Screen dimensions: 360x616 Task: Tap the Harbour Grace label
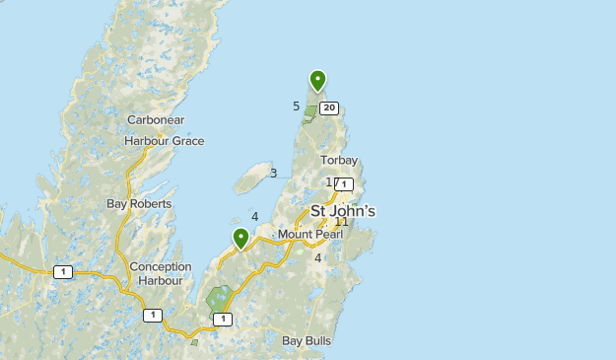click(x=164, y=141)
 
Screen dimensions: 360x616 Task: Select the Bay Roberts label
click(x=139, y=204)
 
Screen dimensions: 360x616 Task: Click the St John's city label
click(x=343, y=211)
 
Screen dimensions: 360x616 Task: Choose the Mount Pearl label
click(x=308, y=234)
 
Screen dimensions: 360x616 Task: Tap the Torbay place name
click(x=338, y=161)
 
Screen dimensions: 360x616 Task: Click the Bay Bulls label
click(x=307, y=341)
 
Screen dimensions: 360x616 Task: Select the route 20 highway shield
click(x=329, y=108)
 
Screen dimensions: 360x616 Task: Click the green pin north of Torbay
click(x=317, y=80)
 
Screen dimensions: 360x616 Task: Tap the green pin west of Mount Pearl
click(x=240, y=238)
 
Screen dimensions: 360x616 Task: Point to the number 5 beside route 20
click(x=296, y=107)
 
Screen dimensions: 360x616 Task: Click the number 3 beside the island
click(x=273, y=174)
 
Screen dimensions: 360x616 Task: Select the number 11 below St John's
click(x=341, y=222)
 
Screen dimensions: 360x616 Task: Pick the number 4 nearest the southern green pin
click(x=254, y=217)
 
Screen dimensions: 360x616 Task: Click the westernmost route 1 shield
click(x=63, y=271)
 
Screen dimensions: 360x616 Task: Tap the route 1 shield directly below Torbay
click(x=344, y=183)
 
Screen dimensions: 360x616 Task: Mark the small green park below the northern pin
click(x=310, y=114)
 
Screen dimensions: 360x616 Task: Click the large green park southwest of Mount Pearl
click(x=220, y=299)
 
